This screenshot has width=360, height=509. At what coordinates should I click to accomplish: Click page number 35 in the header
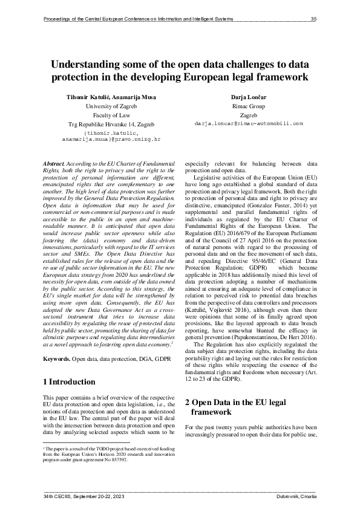pos(313,19)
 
